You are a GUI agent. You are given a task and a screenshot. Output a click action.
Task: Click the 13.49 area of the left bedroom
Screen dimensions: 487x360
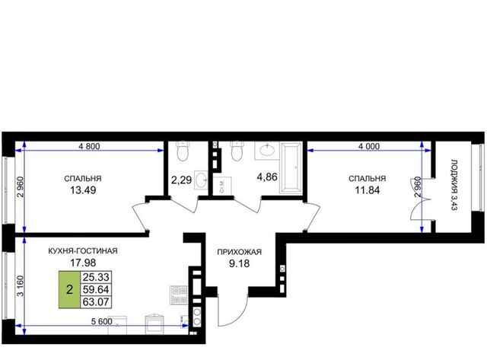pos(83,190)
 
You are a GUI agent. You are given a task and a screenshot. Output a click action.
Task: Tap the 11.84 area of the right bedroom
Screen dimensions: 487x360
pos(367,190)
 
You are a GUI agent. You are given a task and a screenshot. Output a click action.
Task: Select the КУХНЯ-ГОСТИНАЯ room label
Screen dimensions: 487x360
pos(83,250)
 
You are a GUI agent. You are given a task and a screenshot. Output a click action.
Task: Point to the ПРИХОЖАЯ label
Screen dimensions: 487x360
pos(239,252)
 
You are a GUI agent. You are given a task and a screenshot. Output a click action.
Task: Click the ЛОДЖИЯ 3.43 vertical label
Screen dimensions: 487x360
pos(454,185)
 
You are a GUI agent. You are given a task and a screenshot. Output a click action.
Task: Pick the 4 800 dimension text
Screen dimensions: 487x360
pos(90,146)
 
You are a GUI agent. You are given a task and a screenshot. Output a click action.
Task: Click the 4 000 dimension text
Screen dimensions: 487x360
pos(369,146)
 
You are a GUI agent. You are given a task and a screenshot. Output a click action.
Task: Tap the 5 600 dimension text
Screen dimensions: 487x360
pos(101,321)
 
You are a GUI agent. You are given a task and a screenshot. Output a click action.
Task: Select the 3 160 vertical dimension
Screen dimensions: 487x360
pos(21,286)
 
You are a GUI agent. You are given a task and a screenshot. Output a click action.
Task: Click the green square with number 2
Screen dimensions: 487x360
pos(69,289)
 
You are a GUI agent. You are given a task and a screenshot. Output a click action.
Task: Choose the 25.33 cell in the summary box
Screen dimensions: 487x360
pos(96,277)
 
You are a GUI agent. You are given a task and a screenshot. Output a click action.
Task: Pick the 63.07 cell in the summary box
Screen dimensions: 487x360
pos(96,301)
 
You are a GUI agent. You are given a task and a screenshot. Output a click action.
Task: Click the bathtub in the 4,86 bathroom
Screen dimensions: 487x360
pos(291,167)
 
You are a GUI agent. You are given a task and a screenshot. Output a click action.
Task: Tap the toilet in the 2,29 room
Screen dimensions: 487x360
pos(183,151)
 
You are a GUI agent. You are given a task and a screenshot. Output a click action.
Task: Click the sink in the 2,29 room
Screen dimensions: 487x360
pos(201,180)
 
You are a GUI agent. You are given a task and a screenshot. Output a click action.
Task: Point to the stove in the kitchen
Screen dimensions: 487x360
pos(179,295)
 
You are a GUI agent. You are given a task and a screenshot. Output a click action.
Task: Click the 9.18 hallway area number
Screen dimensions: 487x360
pos(239,263)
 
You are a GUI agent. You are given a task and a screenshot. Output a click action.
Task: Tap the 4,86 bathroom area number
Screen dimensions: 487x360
pos(267,177)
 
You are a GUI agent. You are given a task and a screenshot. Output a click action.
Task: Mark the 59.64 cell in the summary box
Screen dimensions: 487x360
pos(96,289)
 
